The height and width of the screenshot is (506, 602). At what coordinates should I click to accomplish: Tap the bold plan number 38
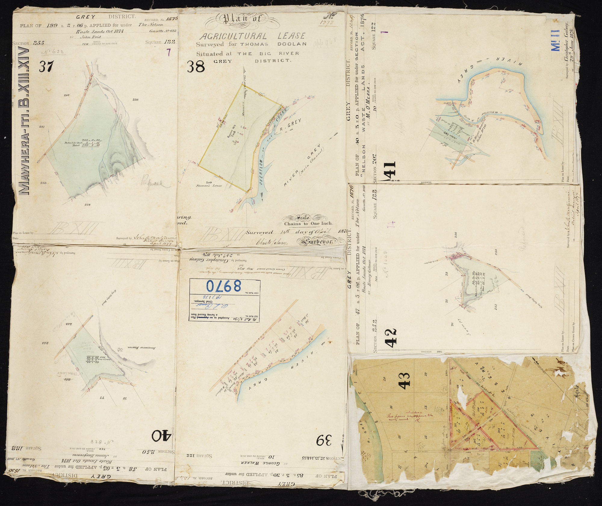pos(196,67)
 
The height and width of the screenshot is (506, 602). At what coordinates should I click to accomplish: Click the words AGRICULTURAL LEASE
pos(252,36)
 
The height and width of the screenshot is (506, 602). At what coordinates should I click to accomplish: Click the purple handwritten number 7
pos(169,53)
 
